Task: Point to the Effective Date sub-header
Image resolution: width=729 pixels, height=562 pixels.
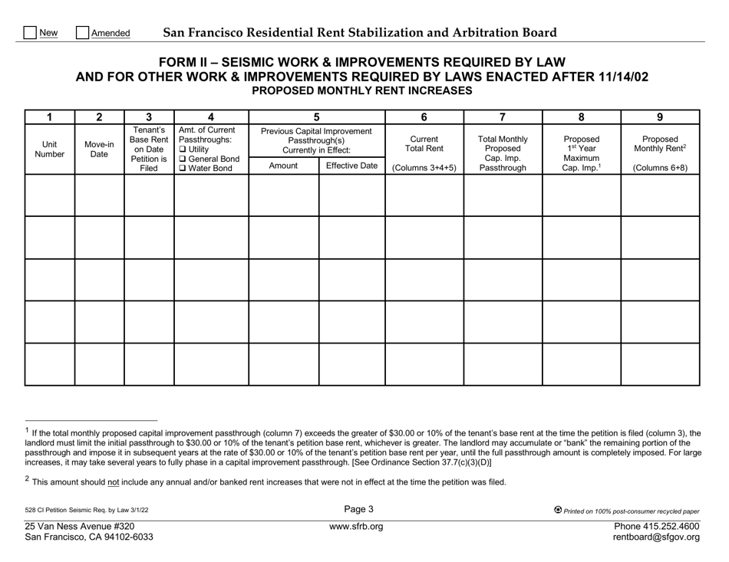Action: (x=351, y=165)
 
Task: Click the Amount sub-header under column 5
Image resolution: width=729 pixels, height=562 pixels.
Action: (x=284, y=165)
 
